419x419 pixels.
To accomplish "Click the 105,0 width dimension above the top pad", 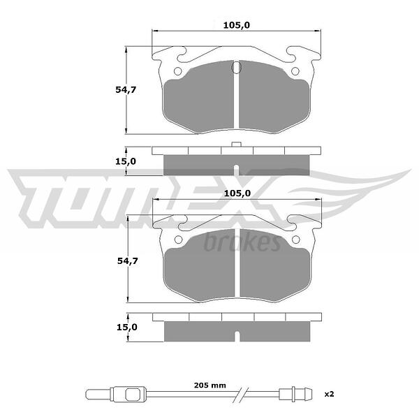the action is [237, 25].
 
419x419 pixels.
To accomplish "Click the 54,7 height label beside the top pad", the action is [126, 90].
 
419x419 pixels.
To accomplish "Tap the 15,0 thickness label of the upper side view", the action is [126, 161].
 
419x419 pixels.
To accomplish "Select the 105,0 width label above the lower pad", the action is [237, 193].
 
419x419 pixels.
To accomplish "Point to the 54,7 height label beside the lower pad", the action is [128, 260].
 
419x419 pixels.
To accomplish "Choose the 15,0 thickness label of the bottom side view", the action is [127, 327].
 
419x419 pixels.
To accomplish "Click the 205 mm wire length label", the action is [210, 385].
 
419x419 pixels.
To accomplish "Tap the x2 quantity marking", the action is [329, 394].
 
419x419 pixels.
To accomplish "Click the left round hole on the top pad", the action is [177, 71].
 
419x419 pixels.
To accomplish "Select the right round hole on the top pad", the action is [295, 71].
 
